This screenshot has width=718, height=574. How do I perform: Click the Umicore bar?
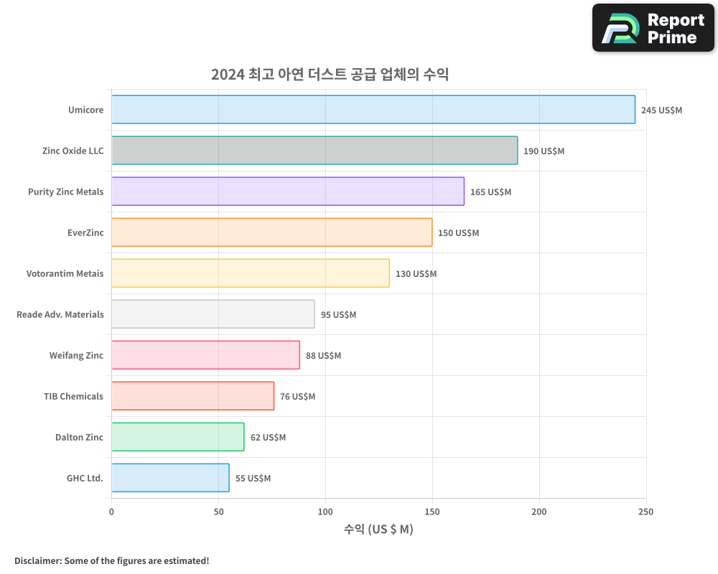click(x=373, y=110)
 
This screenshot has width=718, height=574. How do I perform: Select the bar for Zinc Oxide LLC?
click(x=314, y=151)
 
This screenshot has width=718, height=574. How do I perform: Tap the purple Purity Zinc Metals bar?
click(x=288, y=192)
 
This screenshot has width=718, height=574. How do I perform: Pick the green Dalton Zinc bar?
click(x=178, y=437)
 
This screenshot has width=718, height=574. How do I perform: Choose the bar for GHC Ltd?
click(x=170, y=478)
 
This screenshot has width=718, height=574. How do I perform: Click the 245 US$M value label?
click(x=661, y=110)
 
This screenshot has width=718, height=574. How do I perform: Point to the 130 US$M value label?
click(x=416, y=274)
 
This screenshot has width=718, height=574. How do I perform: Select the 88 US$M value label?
click(x=323, y=356)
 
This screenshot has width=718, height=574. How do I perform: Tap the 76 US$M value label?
click(x=297, y=397)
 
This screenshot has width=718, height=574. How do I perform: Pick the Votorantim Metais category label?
click(x=65, y=273)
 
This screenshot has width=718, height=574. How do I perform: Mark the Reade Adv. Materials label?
click(x=60, y=314)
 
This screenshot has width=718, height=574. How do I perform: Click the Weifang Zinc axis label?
click(x=76, y=355)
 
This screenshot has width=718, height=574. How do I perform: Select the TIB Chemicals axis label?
click(x=73, y=396)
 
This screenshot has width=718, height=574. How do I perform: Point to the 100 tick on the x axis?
click(x=325, y=512)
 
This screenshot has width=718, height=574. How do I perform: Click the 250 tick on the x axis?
click(x=645, y=512)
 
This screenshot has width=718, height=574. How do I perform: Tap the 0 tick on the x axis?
click(x=111, y=512)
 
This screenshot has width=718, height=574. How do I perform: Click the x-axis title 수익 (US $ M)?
click(x=378, y=530)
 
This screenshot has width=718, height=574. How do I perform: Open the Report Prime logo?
click(x=653, y=28)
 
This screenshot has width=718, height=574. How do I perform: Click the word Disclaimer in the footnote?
click(x=37, y=561)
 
